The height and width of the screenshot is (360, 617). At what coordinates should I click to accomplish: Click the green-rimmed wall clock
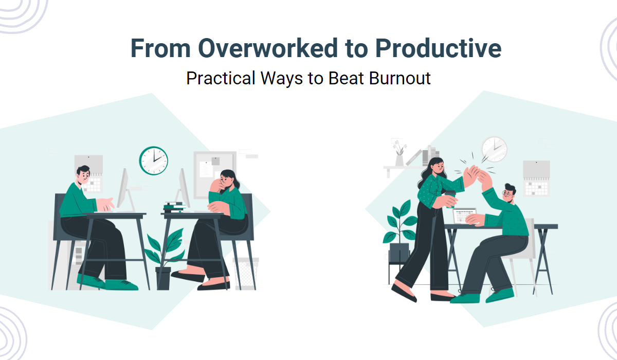pos(154,160)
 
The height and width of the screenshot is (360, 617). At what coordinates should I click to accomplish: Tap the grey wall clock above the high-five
pos(494,149)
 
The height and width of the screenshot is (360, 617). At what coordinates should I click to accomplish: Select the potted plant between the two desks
pos(164,257)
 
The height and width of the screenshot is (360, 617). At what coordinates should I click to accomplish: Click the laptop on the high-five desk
pos(465,215)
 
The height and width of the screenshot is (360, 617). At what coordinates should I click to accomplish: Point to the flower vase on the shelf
pos(399,153)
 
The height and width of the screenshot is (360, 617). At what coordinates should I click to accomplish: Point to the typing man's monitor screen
pos(123,188)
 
